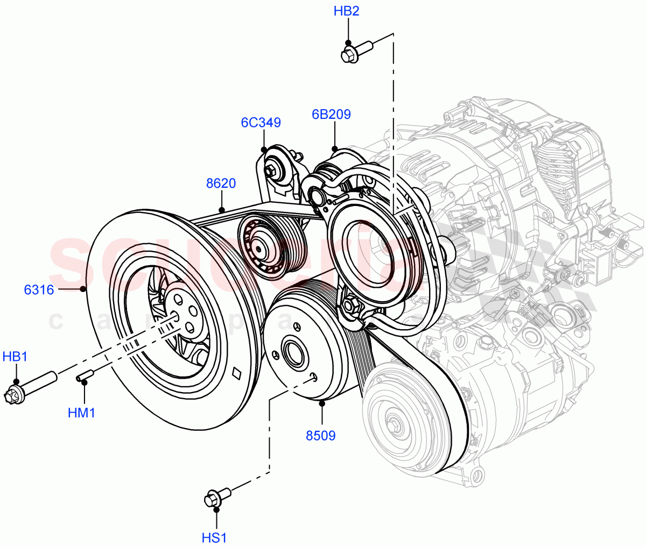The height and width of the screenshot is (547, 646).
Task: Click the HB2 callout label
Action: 346,11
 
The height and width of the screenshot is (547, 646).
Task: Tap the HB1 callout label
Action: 15,357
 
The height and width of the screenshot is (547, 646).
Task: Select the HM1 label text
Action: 81,413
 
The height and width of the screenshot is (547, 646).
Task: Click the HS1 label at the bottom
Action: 214,537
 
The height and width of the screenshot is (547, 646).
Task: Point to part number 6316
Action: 39,290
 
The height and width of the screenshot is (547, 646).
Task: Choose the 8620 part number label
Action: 221,184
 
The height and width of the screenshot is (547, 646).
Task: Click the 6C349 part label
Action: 261,123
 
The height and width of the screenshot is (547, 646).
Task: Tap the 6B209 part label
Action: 331,114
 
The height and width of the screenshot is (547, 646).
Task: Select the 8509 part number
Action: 321,435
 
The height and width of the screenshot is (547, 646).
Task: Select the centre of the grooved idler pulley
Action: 259,249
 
